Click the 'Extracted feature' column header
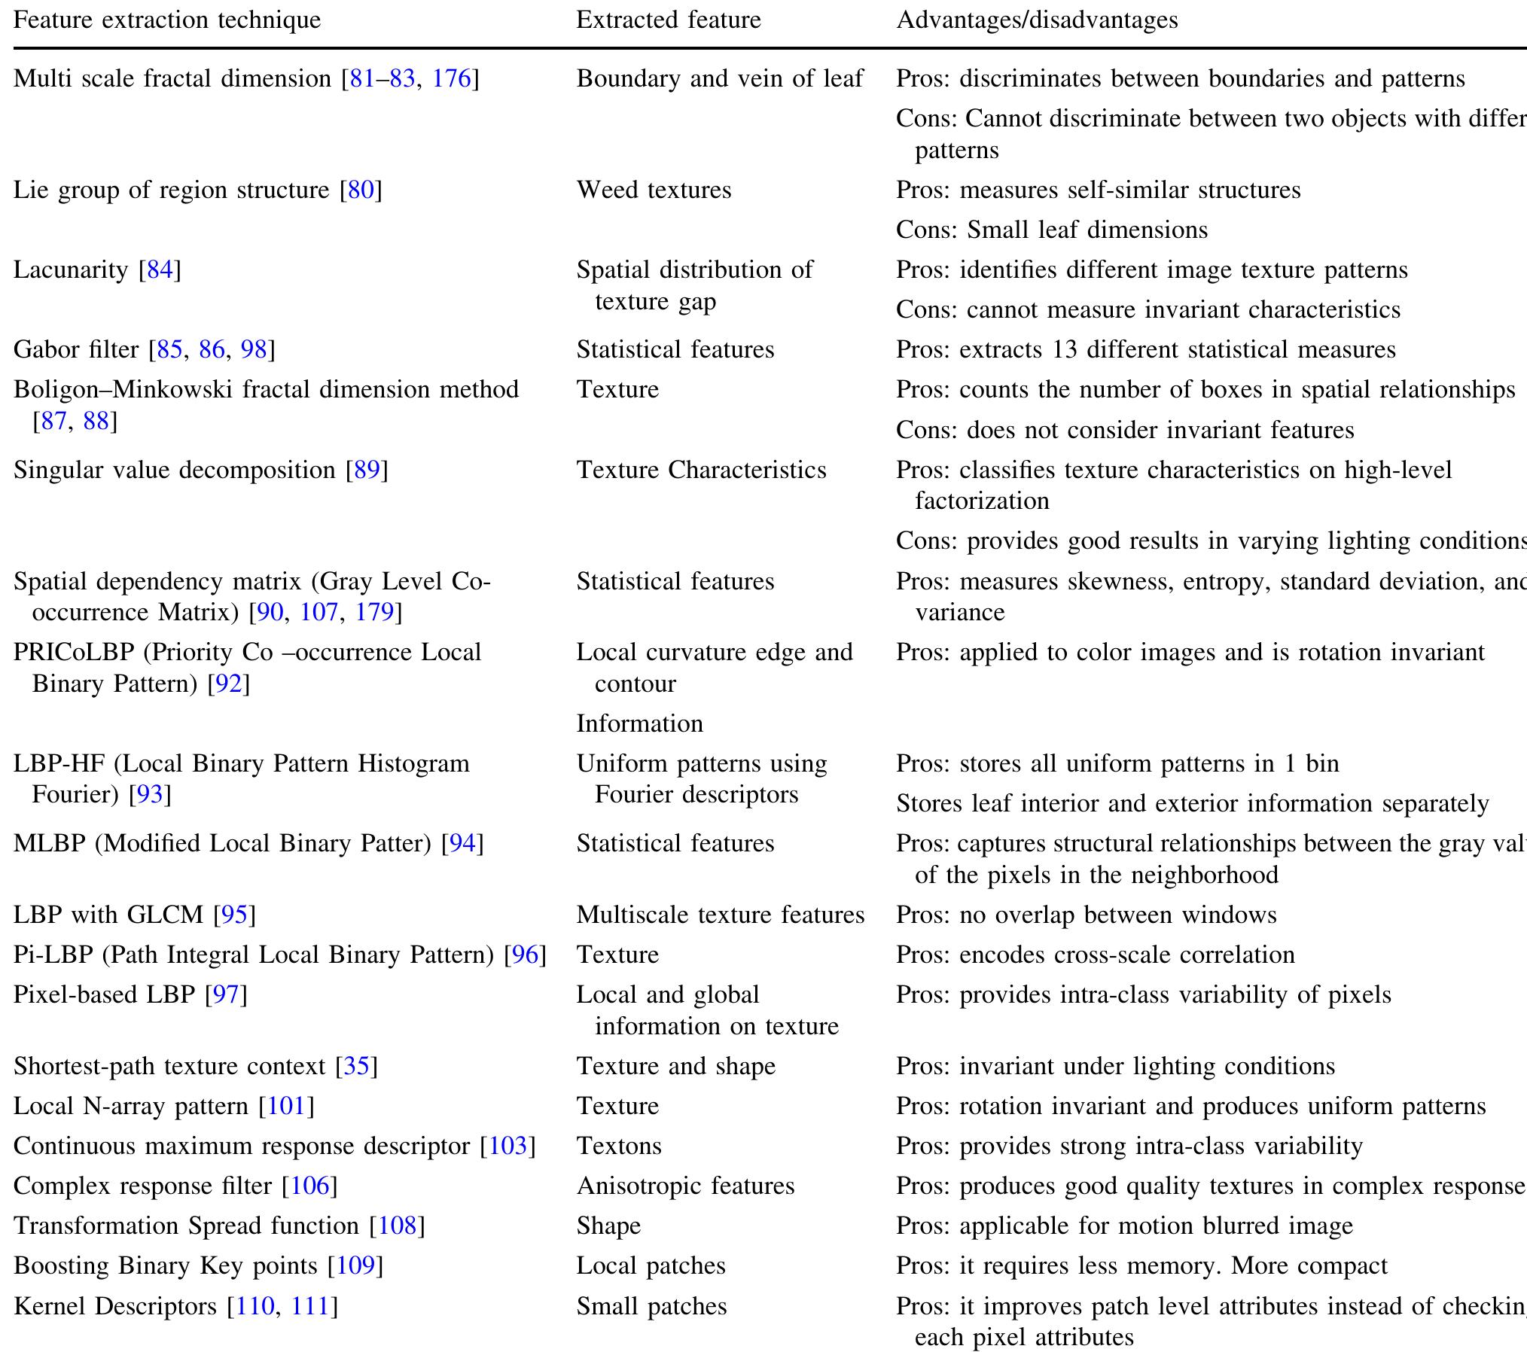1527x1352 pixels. point(669,20)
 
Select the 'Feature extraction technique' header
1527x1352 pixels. point(167,20)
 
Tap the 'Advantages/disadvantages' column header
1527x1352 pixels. point(1037,20)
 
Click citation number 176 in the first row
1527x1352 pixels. point(452,78)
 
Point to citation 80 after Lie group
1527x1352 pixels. point(361,190)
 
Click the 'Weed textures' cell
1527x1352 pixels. point(654,190)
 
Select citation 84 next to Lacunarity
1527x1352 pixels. point(160,269)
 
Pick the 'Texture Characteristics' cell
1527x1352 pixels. point(701,470)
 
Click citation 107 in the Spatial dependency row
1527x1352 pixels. point(319,612)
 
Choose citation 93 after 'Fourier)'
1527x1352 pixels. point(151,794)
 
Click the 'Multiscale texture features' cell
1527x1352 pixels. point(721,915)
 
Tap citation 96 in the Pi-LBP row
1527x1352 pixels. point(525,955)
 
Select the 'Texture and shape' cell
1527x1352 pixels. point(676,1066)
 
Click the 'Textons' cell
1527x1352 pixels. point(619,1146)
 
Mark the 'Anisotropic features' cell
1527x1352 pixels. point(685,1186)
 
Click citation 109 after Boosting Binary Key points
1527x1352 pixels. point(355,1265)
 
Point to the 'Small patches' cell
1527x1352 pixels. point(651,1306)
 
